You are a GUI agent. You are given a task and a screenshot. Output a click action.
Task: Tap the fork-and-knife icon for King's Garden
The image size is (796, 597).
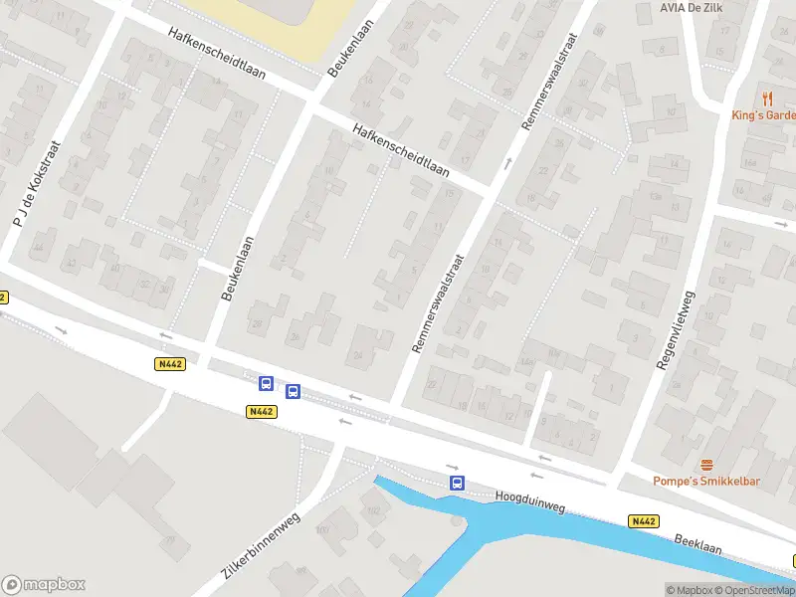(766, 98)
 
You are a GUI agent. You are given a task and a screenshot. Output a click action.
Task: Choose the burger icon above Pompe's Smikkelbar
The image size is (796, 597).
(706, 465)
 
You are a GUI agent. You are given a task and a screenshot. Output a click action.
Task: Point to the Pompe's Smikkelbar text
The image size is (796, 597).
(706, 482)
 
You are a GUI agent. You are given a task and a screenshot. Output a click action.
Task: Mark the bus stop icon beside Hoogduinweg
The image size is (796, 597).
(457, 484)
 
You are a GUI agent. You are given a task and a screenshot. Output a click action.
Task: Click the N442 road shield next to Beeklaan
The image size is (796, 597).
(643, 520)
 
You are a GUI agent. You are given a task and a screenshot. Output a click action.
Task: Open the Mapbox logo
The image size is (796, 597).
(43, 585)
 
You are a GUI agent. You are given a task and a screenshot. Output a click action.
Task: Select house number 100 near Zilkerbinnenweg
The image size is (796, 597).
(322, 529)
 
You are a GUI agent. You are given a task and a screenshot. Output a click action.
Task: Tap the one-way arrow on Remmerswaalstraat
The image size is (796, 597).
(507, 161)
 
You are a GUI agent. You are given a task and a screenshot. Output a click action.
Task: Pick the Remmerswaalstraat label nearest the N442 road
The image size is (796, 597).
(439, 302)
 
